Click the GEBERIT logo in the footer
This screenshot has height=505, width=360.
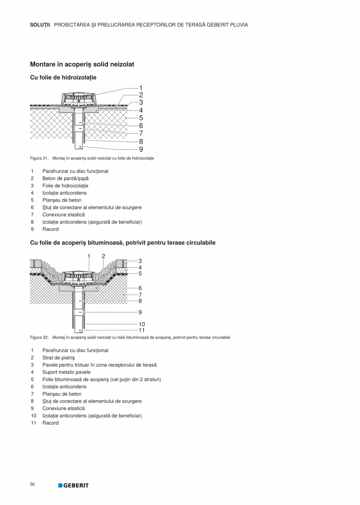point(74,485)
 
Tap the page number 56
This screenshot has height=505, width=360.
point(32,485)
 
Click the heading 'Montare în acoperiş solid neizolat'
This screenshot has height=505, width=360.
point(82,64)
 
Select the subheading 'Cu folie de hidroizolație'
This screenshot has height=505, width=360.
point(63,78)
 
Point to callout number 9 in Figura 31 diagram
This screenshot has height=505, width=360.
point(141,149)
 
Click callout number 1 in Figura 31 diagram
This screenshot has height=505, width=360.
point(141,88)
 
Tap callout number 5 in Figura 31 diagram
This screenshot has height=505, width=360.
point(141,118)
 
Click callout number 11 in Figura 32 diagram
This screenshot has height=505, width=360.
point(142,330)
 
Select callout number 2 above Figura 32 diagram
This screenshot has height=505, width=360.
point(103,256)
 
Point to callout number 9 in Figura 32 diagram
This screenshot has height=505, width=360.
point(140,312)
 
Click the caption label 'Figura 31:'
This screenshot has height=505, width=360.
point(39,158)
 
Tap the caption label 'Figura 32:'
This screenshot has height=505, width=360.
point(39,337)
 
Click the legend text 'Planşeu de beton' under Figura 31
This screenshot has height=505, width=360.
point(62,200)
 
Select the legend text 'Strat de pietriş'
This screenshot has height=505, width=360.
point(58,358)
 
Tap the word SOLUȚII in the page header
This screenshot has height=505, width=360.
point(40,25)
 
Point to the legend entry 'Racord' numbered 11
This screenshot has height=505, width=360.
point(50,423)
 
